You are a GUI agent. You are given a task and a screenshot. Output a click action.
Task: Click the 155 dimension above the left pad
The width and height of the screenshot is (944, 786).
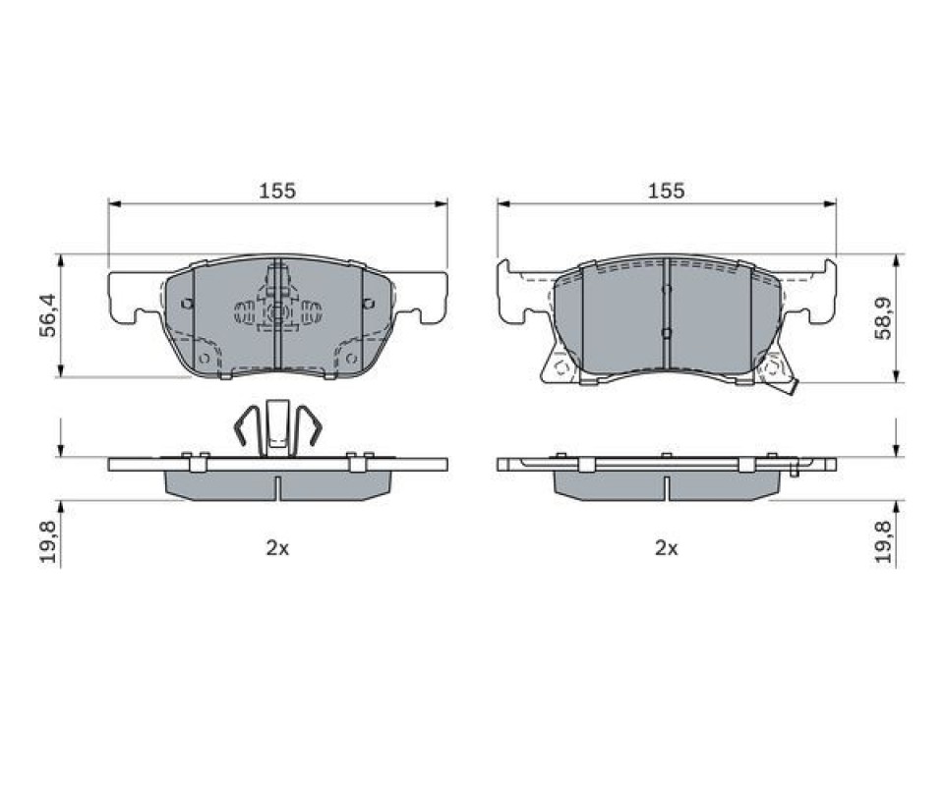(x=277, y=192)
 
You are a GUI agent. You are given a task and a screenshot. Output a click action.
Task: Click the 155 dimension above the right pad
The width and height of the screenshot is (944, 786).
(x=667, y=192)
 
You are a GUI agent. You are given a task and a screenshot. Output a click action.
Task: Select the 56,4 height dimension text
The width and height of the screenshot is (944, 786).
(x=47, y=315)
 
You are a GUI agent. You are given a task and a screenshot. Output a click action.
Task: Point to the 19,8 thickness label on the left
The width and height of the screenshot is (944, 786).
(x=47, y=541)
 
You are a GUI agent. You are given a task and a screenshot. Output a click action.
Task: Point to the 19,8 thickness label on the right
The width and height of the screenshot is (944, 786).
(x=883, y=541)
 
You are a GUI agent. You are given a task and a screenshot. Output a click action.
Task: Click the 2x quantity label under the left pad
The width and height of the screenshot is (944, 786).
(x=277, y=548)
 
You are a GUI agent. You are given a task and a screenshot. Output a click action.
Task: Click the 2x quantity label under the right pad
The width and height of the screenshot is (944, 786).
(x=667, y=548)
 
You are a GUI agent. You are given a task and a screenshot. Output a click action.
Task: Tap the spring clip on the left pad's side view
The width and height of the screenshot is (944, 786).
(x=277, y=427)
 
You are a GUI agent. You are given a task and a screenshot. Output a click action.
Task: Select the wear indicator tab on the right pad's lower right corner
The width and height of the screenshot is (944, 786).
(x=791, y=389)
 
